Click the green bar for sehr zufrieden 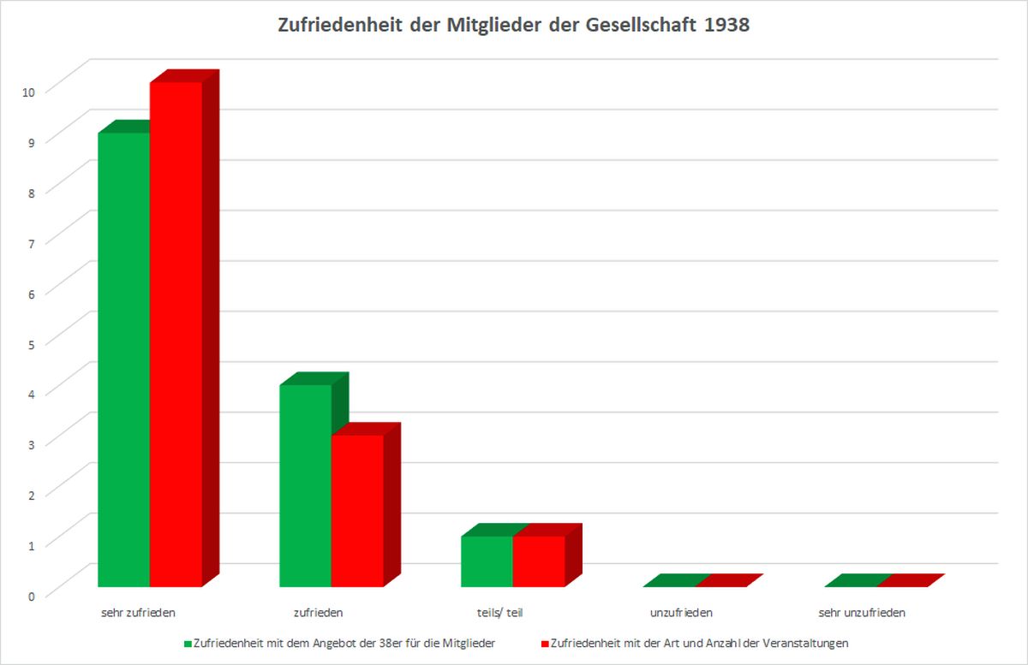pyautogui.click(x=124, y=359)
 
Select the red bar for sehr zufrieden pyautogui.click(x=176, y=334)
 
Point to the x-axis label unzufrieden pyautogui.click(x=681, y=613)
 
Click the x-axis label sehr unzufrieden pyautogui.click(x=862, y=613)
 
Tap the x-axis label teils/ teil pyautogui.click(x=499, y=613)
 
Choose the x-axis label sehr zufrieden pyautogui.click(x=138, y=613)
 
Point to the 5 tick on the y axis pyautogui.click(x=31, y=343)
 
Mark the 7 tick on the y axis pyautogui.click(x=31, y=242)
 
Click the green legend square pyautogui.click(x=188, y=642)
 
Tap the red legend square pyautogui.click(x=545, y=642)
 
